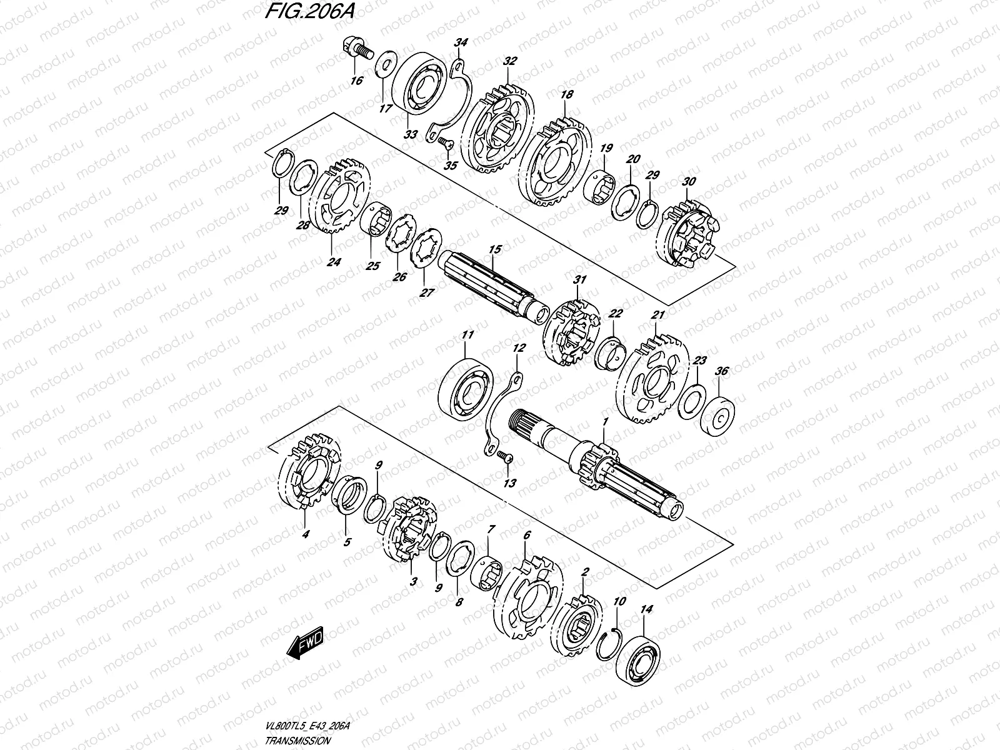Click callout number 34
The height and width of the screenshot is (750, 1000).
[461, 42]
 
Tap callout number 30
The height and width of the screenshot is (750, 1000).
[689, 182]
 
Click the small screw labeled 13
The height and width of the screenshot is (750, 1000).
[506, 459]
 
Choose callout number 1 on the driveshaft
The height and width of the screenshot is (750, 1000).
[604, 423]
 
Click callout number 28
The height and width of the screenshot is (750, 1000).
[303, 226]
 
